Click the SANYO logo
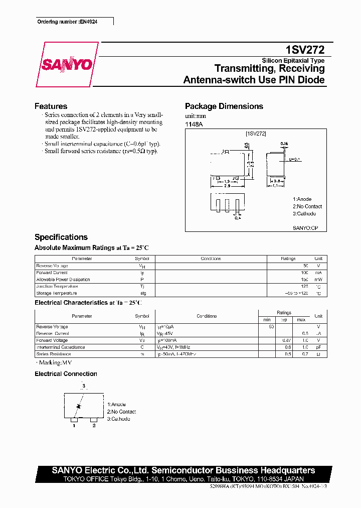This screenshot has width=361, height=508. point(67,65)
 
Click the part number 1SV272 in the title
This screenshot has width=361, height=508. point(305,50)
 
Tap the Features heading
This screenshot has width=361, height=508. point(51,106)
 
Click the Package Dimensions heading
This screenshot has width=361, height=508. point(224,106)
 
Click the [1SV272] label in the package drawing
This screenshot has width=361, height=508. point(256,134)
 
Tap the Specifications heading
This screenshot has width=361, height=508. point(61,237)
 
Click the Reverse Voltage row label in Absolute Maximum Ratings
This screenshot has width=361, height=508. point(52,266)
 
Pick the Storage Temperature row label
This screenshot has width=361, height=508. point(57,293)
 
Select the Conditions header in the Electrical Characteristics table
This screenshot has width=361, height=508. point(207,316)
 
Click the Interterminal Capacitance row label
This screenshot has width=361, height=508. point(61,347)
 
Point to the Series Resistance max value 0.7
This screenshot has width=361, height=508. point(303,354)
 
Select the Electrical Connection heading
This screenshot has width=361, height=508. point(66,374)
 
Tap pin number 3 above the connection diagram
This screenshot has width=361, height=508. point(84,386)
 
